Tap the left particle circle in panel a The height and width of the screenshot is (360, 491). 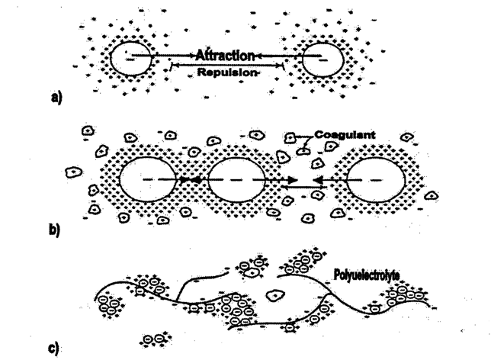coord(130,58)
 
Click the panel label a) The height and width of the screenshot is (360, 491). coord(56,98)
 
